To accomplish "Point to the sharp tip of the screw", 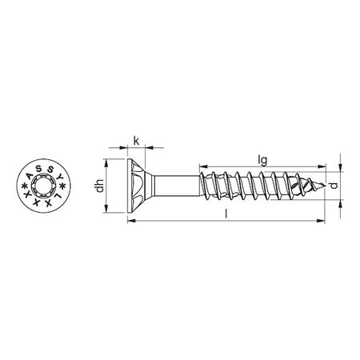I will pos(326,189).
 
